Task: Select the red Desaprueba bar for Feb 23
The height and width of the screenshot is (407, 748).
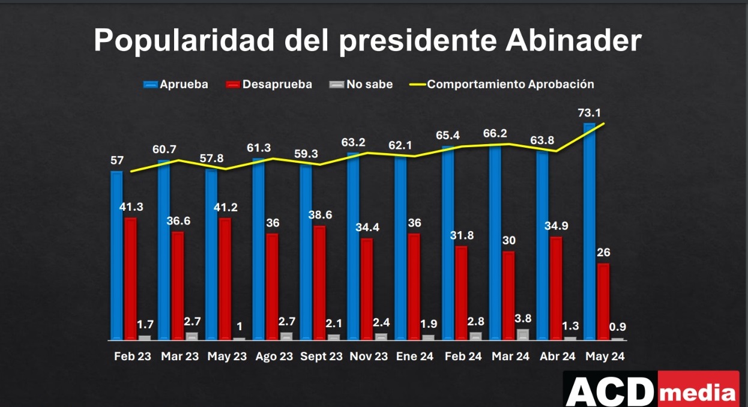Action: pyautogui.click(x=130, y=279)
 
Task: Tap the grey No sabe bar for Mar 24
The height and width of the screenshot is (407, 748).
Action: pyautogui.click(x=523, y=334)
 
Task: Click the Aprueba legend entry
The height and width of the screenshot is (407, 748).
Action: pyautogui.click(x=176, y=84)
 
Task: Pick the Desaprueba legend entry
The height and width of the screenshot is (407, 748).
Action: pyautogui.click(x=269, y=84)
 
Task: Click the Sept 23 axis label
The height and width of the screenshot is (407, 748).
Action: pyautogui.click(x=321, y=357)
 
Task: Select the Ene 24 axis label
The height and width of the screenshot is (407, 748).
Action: pyautogui.click(x=415, y=357)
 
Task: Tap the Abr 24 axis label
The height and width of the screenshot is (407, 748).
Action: pyautogui.click(x=558, y=357)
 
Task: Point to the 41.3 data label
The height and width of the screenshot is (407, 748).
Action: pyautogui.click(x=130, y=207)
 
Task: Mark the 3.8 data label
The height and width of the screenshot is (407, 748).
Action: pyautogui.click(x=523, y=318)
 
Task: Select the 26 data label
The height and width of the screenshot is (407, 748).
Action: pyautogui.click(x=603, y=252)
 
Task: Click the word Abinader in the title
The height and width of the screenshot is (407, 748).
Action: pyautogui.click(x=574, y=41)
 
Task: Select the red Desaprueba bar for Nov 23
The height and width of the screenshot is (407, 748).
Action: pyautogui.click(x=367, y=289)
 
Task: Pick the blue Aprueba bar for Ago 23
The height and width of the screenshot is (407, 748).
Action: pyautogui.click(x=259, y=249)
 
